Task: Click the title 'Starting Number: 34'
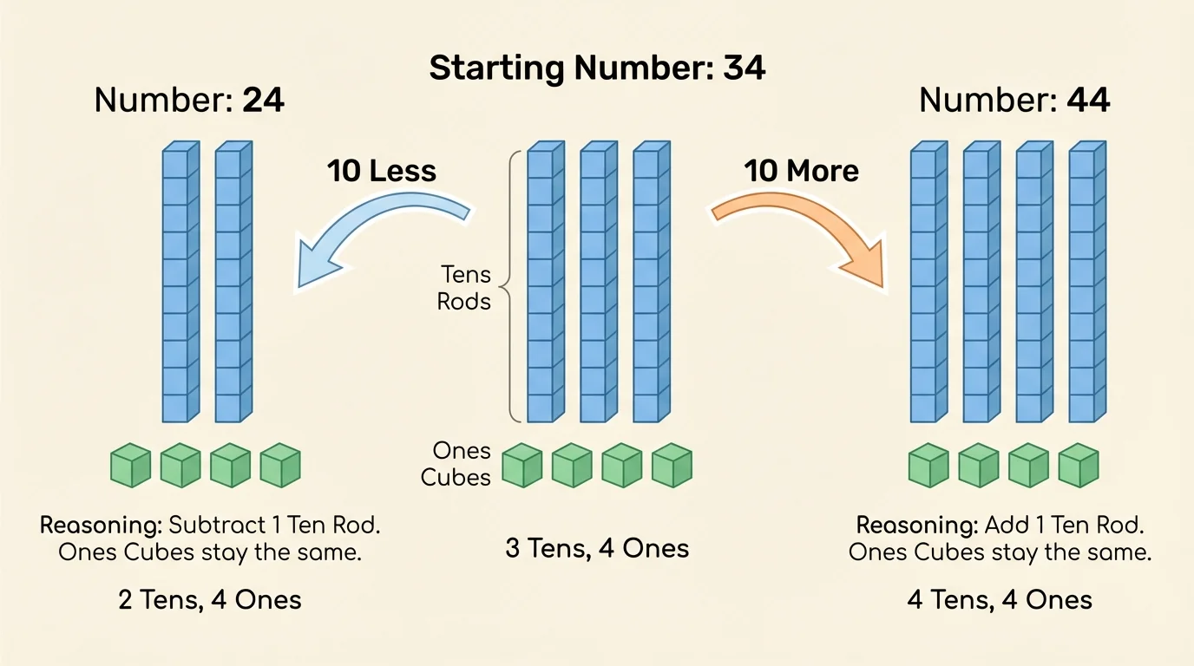point(597,68)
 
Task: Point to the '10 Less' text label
point(381,171)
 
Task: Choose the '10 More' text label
point(801,171)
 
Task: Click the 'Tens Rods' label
point(465,289)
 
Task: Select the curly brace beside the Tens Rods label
point(512,286)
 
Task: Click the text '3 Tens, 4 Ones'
point(597,548)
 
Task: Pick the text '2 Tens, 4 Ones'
point(210,599)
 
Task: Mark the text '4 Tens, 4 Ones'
point(1000,599)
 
